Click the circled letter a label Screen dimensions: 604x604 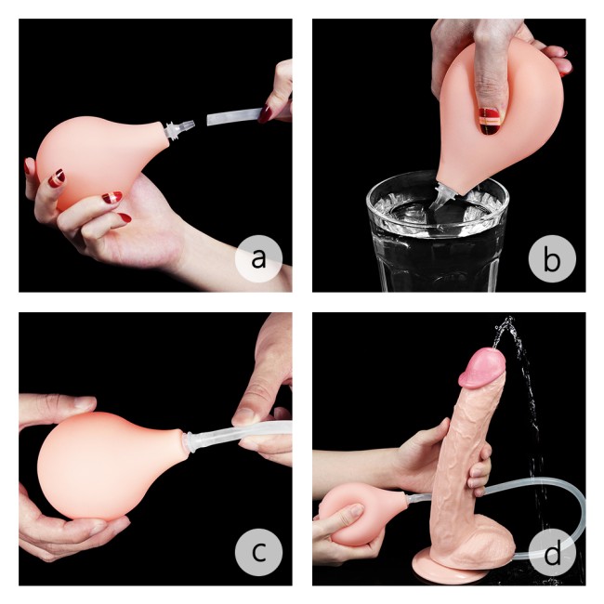(258, 260)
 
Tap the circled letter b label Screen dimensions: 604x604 (552, 260)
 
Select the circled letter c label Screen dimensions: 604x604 (258, 553)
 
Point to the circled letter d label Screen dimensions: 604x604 (552, 555)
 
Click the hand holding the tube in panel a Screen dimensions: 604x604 (275, 98)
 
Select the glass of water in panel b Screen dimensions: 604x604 (437, 240)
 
